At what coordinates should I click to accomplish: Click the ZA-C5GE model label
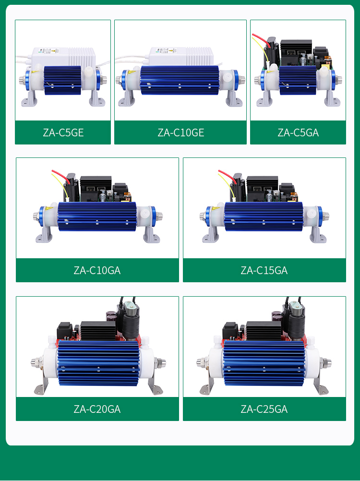pos(63,132)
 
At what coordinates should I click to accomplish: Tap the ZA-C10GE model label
pos(181,132)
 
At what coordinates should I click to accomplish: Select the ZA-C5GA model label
pos(298,132)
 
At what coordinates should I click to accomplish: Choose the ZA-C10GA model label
pos(97,270)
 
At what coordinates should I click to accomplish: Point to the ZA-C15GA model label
pos(264,270)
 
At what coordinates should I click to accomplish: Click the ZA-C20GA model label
pos(97,409)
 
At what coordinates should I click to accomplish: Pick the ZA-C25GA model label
pos(264,409)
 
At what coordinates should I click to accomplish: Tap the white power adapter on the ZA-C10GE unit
pos(181,56)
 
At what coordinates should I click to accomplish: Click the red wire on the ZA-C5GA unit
pos(261,41)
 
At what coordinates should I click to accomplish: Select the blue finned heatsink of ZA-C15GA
pos(264,216)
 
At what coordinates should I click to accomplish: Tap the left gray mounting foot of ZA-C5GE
pos(29,99)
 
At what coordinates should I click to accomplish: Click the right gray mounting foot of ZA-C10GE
pos(234,99)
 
